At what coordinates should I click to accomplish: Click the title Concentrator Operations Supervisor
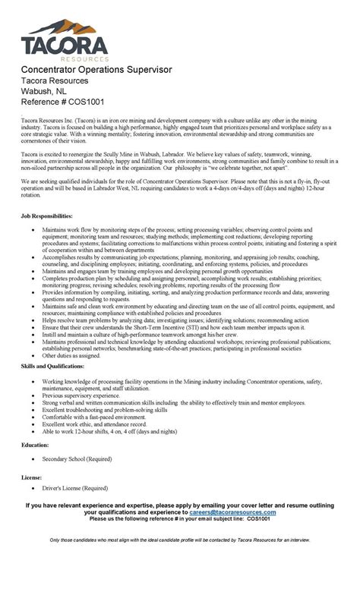96,70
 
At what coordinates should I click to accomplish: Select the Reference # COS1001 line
62,102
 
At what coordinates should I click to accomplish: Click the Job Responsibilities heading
52,216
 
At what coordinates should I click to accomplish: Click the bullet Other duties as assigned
71,354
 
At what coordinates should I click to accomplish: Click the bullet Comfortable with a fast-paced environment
94,416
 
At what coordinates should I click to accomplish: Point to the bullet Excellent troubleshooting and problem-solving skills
105,409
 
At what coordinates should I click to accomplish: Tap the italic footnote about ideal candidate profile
180,540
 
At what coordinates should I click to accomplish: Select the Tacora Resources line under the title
55,80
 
